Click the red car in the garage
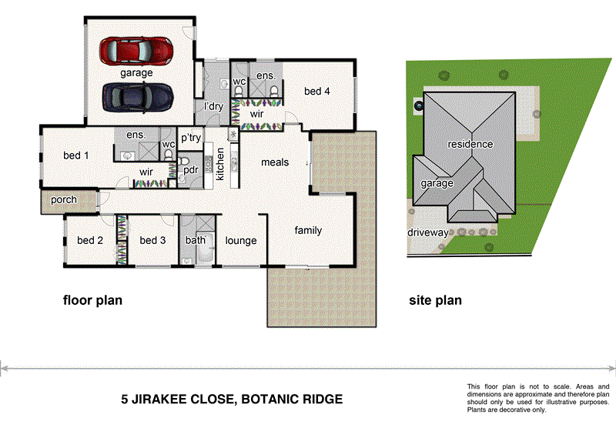click(136, 51)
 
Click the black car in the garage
click(136, 97)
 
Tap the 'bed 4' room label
click(316, 92)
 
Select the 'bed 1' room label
click(75, 155)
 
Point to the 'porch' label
click(64, 200)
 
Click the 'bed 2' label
click(90, 240)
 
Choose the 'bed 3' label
click(152, 240)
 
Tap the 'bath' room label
click(195, 240)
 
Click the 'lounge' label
click(240, 241)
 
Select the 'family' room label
click(308, 230)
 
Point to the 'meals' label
click(275, 162)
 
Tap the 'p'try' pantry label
click(190, 138)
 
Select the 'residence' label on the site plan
click(470, 144)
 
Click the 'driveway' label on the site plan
click(428, 232)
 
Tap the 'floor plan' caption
click(92, 300)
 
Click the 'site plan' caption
click(435, 300)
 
